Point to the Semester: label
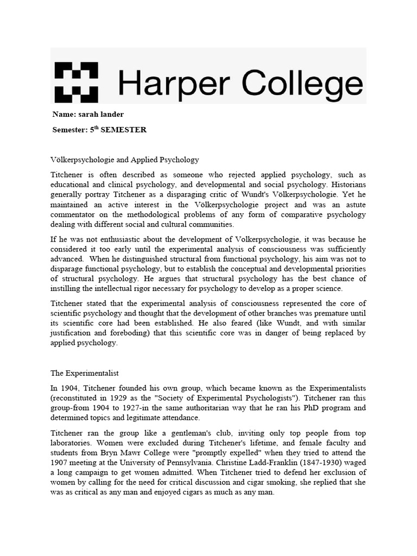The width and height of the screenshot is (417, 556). tap(71, 130)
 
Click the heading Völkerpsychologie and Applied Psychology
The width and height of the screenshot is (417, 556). tap(125, 160)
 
